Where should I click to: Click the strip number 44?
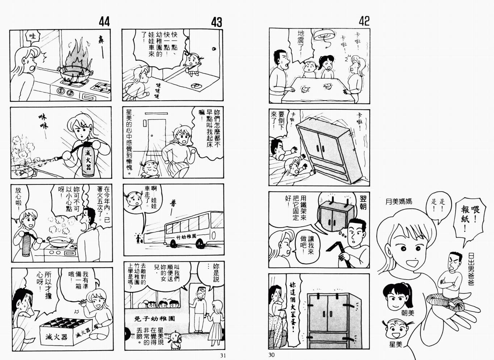[104, 22]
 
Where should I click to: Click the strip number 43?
[216, 22]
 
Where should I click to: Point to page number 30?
[272, 355]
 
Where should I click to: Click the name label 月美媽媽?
[399, 201]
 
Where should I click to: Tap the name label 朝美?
[407, 313]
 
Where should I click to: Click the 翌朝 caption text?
[363, 203]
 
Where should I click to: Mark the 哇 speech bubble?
[33, 36]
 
